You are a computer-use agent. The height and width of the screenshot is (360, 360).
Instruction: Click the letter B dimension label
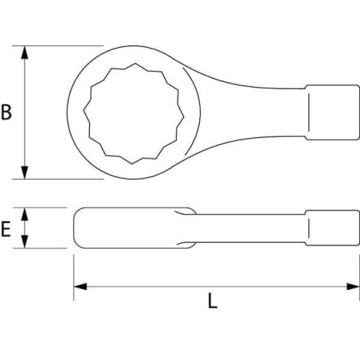tap(7, 112)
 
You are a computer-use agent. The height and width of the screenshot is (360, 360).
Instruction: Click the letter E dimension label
tap(7, 230)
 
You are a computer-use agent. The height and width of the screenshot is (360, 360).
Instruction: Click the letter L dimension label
tap(212, 301)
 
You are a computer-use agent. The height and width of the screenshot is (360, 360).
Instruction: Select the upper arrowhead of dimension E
tap(25, 212)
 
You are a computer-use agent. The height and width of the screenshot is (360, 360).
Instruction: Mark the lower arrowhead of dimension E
tap(25, 245)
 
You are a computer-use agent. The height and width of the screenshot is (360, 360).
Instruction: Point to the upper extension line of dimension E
tap(44, 208)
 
